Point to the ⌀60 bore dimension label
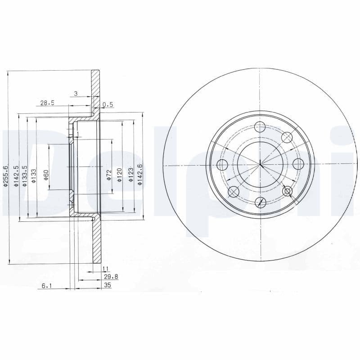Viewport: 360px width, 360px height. (46, 175)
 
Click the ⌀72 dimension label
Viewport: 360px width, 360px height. (109, 175)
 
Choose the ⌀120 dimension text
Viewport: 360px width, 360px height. (120, 175)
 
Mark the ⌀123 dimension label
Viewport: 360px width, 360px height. (130, 175)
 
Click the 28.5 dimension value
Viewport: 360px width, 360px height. (47, 103)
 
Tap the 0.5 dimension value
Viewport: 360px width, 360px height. (108, 104)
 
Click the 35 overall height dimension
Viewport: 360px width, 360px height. (107, 285)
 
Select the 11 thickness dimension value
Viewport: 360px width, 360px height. (106, 269)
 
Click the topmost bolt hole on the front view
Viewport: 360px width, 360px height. (260, 127)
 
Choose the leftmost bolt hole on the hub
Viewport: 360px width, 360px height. (223, 164)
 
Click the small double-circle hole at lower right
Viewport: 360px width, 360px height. (288, 192)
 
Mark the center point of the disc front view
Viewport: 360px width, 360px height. (260, 165)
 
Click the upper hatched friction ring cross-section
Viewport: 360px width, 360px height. (95, 90)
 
